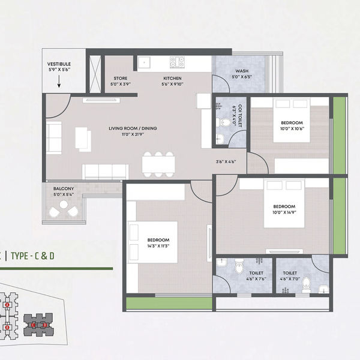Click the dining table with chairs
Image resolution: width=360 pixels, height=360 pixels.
point(158,163)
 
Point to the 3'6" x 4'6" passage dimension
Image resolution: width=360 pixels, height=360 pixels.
point(226,161)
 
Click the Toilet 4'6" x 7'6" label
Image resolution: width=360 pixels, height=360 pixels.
point(244,275)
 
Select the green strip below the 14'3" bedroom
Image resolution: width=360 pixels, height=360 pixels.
point(169,303)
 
